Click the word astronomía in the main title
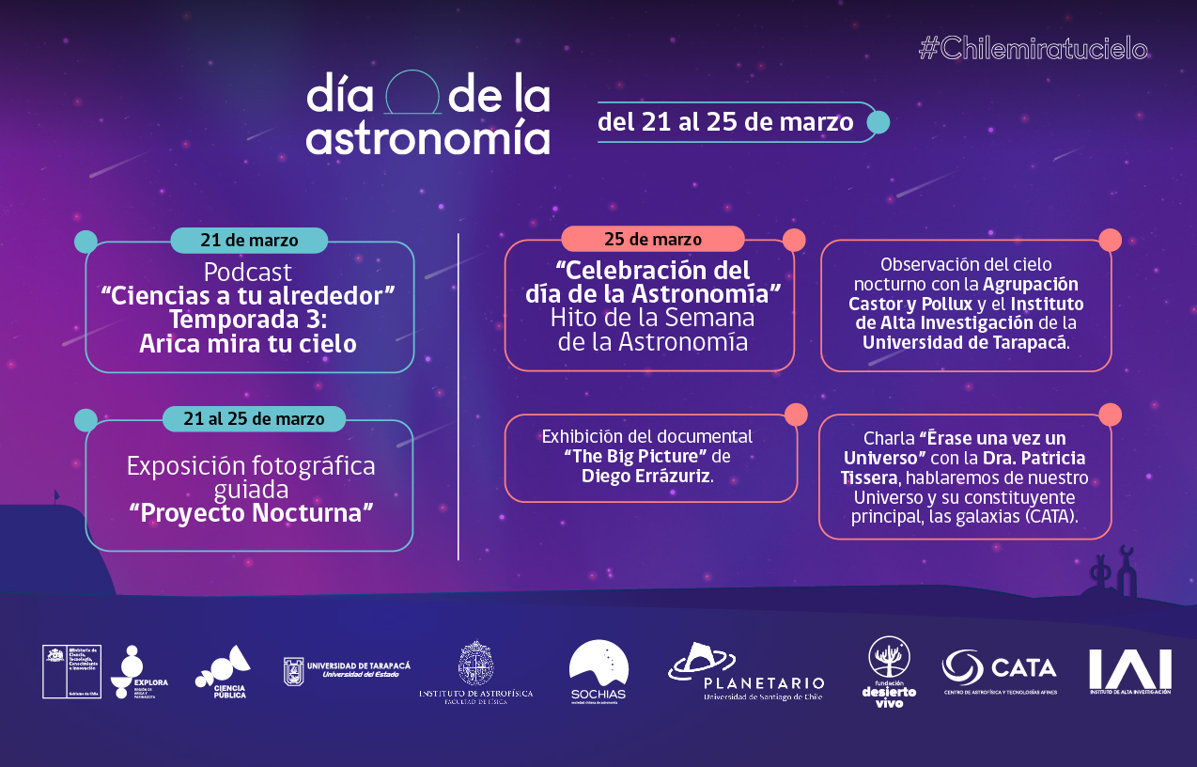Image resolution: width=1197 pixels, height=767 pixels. pos(427,138)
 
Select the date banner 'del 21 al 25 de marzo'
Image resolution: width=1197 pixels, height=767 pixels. pos(725,122)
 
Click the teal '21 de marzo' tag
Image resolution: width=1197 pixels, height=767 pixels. pos(249,241)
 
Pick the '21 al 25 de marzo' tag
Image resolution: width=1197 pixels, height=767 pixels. pos(254,419)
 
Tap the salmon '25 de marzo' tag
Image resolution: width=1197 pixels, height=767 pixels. pos(653,239)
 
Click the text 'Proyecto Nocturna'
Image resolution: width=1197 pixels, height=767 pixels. pos(251,512)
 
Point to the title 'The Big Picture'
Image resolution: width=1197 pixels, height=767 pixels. pos(635,457)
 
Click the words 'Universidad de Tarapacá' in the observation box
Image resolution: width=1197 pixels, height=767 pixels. pos(965,342)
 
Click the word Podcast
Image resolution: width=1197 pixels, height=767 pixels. pos(248,273)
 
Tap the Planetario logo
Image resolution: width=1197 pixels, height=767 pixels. pos(746,673)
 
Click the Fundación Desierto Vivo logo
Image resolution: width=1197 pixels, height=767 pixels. pos(889,671)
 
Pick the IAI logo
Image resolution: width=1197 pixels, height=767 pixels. pos(1129,671)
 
